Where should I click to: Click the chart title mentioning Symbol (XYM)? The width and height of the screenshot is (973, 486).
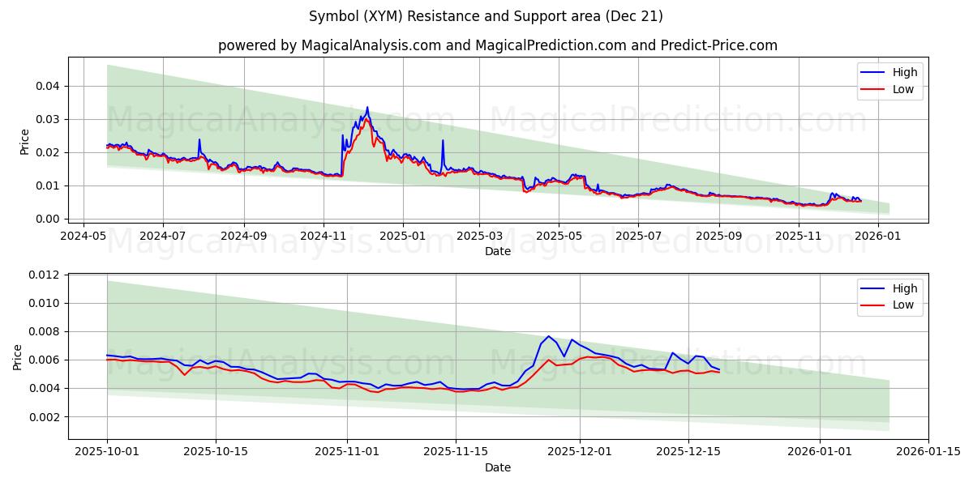point(486,16)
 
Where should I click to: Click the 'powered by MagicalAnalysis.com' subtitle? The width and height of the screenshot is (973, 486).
point(497,45)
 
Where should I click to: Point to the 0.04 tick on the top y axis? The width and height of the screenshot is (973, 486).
point(47,86)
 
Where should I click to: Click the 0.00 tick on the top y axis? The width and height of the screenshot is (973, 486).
point(47,219)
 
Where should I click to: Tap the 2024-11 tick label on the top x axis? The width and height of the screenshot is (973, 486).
point(324,236)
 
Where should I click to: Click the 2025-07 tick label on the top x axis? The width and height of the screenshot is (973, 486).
point(637,236)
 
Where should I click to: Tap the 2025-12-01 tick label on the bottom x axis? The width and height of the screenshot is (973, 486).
point(580,452)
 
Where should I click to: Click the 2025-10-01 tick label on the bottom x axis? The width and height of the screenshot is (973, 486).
point(107,452)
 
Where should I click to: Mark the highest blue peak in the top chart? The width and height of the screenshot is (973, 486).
point(367,107)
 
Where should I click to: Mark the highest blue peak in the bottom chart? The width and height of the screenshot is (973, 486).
point(548,336)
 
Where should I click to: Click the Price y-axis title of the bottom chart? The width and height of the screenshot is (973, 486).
point(18,357)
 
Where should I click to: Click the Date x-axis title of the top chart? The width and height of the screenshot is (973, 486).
point(497,251)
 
